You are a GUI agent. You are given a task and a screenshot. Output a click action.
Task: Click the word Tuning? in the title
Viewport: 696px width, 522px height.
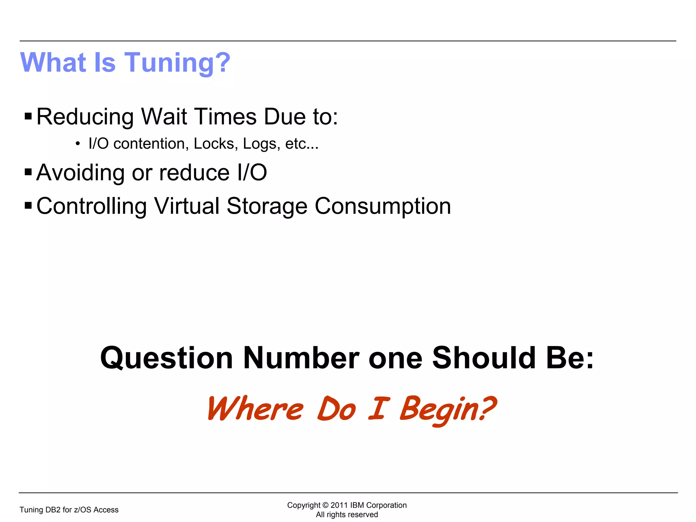coord(177,63)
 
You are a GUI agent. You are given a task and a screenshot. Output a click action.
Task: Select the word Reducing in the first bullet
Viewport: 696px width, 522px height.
coord(85,117)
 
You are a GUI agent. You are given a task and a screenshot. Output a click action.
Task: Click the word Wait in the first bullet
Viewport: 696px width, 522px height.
coord(164,117)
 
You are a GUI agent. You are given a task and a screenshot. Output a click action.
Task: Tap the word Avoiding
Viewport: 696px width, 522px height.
coord(81,173)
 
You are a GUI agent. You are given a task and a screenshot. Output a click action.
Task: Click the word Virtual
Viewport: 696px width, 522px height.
coord(187,206)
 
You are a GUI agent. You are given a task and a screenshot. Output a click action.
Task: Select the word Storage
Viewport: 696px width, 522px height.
coord(267,207)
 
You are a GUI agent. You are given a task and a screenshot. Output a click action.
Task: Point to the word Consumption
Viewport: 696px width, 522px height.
coord(383,207)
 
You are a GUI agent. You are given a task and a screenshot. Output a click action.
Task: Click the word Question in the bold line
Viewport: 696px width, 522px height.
coord(167,358)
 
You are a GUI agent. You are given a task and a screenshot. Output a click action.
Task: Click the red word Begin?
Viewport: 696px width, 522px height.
coord(448,409)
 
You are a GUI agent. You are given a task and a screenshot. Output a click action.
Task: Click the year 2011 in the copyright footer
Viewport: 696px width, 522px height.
coord(339,505)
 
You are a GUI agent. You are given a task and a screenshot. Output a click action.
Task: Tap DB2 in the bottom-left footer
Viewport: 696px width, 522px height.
coord(53,510)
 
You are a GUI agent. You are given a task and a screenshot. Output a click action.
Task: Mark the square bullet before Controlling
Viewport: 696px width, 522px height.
coord(28,206)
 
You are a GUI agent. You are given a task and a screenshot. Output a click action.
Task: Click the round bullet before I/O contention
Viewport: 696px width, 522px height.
coord(78,144)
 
